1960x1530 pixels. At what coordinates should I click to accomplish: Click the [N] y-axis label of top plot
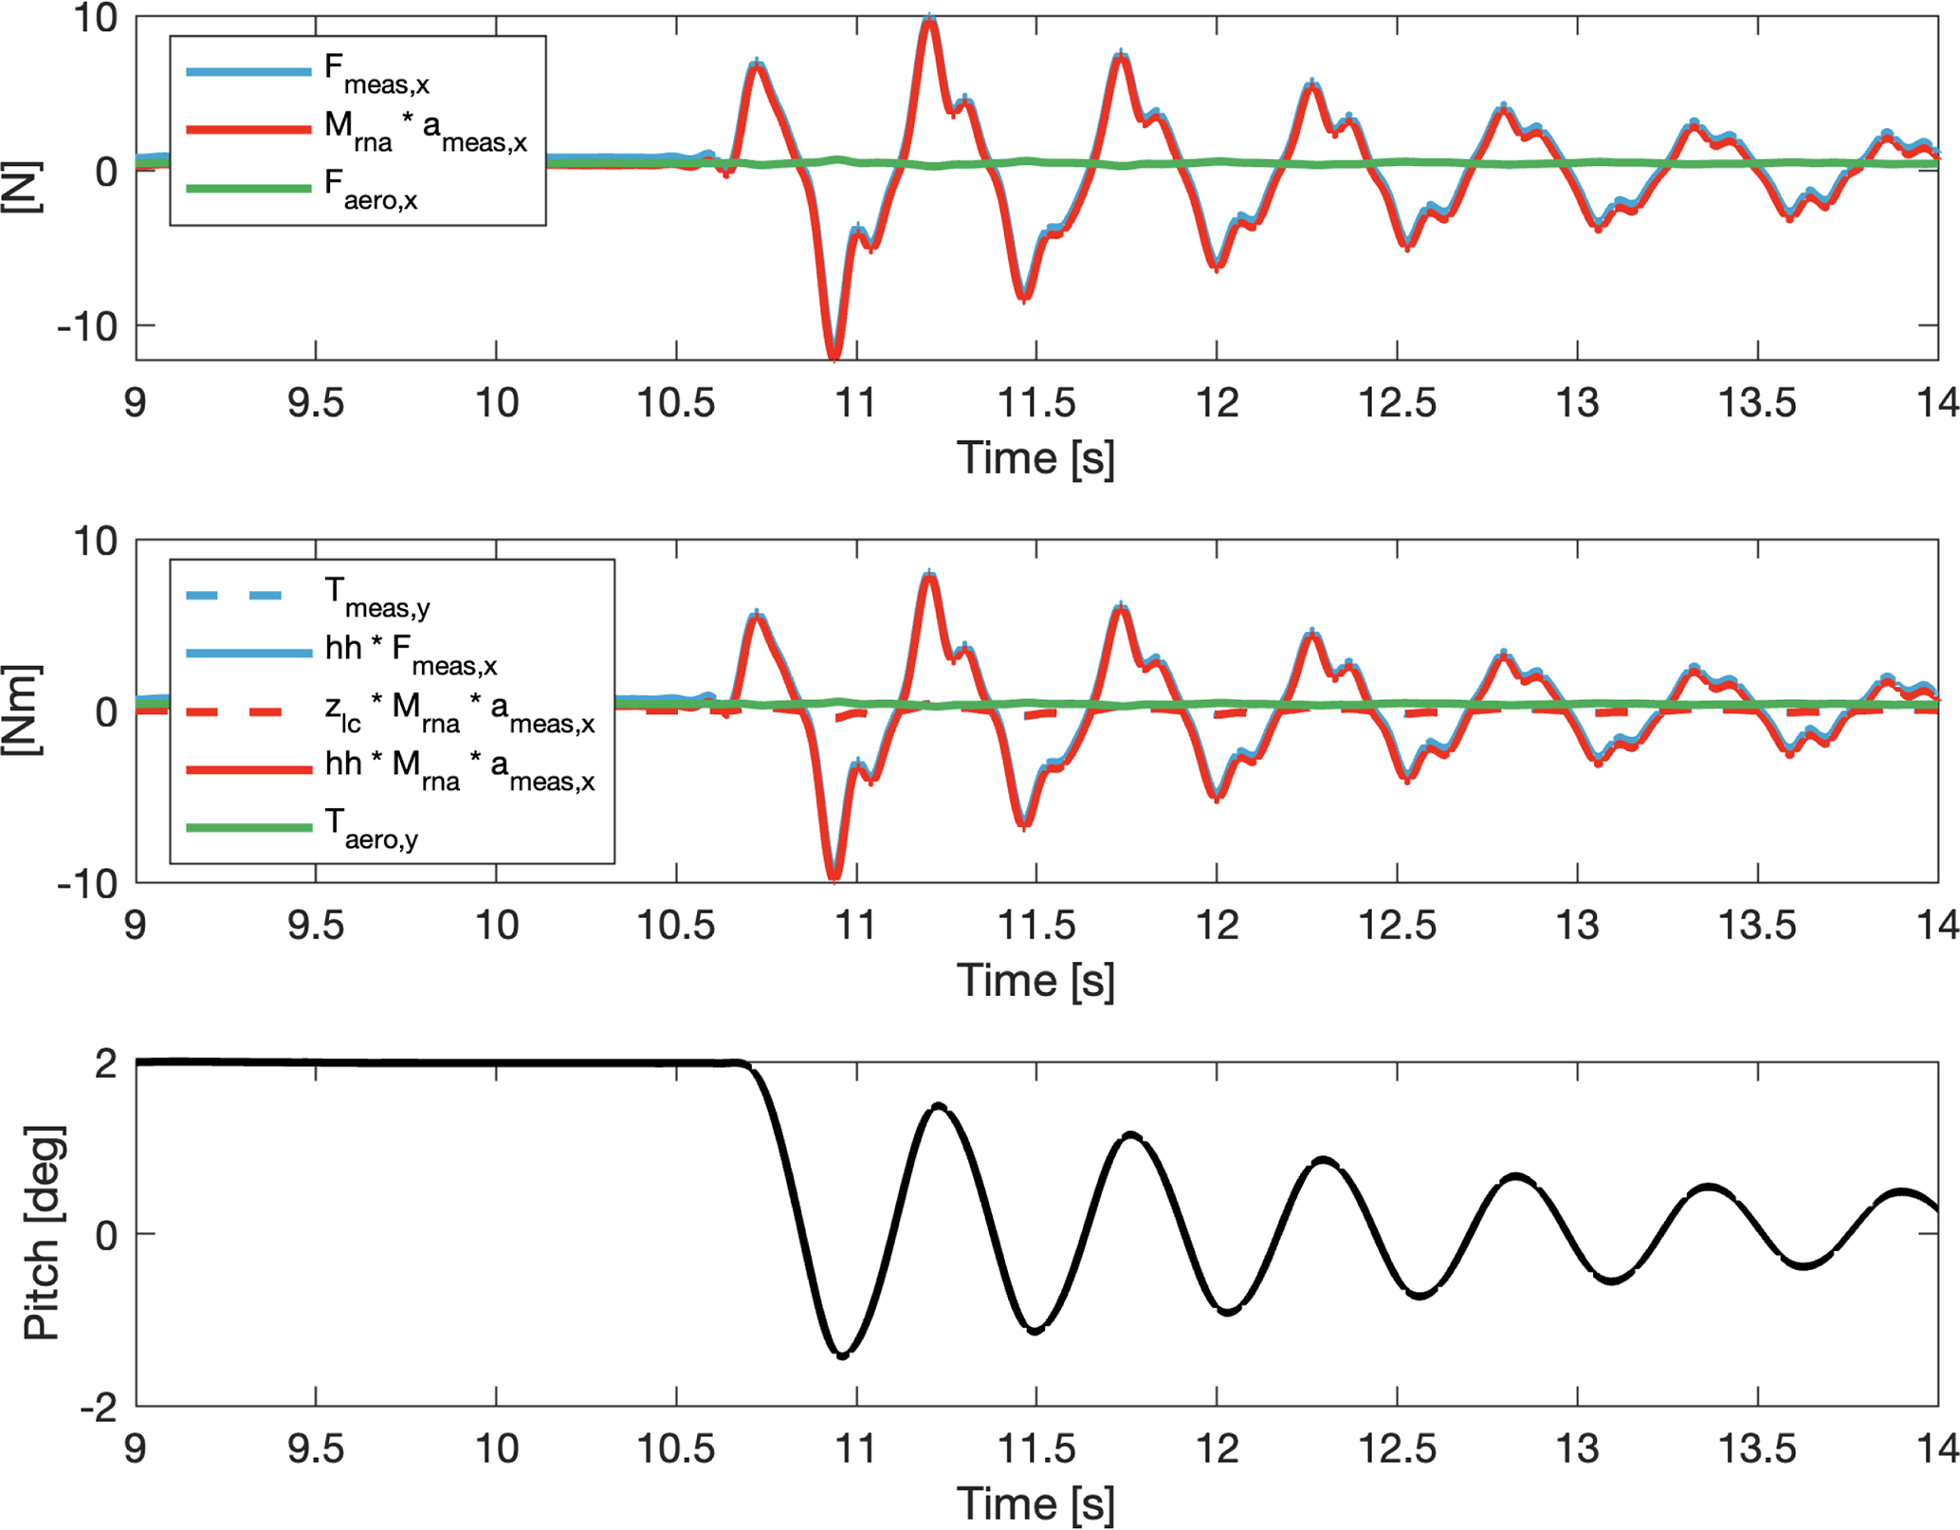coord(21,187)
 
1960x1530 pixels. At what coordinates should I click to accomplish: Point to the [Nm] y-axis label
coord(21,710)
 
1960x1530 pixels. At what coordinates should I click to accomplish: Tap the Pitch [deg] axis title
coord(43,1233)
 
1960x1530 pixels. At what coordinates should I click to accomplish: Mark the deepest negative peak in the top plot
coord(833,357)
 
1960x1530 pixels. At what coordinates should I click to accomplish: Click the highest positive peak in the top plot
coord(930,19)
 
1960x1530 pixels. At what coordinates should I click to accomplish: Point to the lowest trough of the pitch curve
coord(842,1355)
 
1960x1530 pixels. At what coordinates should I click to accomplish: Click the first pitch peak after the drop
coord(938,1106)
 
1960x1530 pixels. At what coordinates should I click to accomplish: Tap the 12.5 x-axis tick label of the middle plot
coord(1397,925)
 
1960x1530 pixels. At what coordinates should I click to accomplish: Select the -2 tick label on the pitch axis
coord(99,1408)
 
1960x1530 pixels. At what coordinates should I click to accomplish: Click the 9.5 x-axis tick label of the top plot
coord(316,403)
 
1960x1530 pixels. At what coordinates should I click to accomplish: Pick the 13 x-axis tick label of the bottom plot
coord(1577,1448)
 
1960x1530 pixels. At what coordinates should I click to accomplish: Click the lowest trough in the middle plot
coord(833,878)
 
